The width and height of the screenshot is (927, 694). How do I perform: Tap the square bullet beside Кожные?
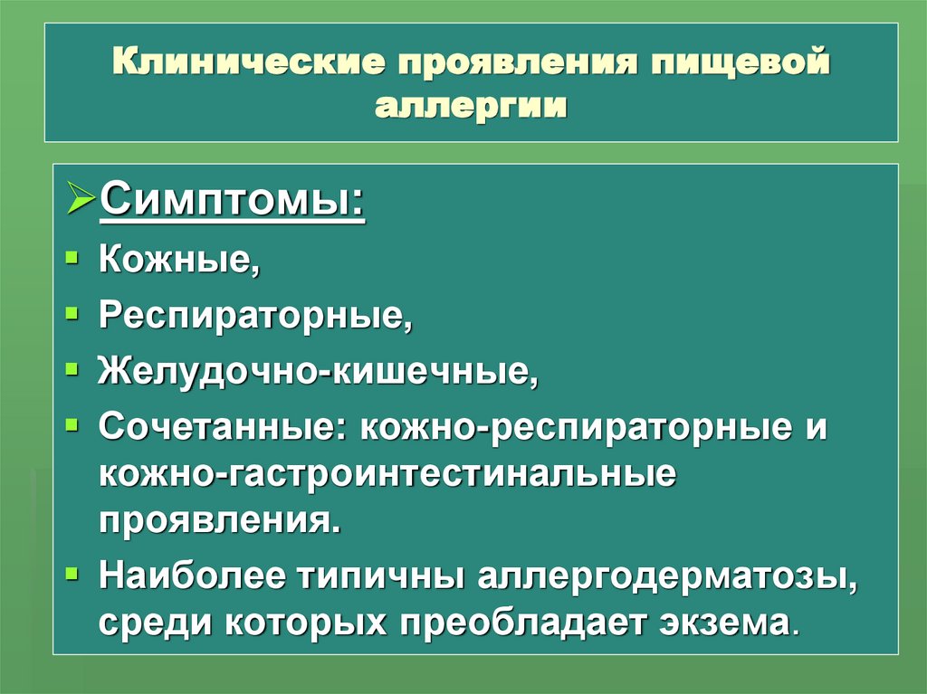click(73, 258)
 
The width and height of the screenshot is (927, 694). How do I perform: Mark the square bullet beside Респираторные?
click(73, 313)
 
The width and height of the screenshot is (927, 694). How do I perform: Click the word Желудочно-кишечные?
click(318, 370)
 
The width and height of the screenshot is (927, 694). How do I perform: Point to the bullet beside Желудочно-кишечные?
click(73, 368)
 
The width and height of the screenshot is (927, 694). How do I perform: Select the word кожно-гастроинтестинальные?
click(387, 474)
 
